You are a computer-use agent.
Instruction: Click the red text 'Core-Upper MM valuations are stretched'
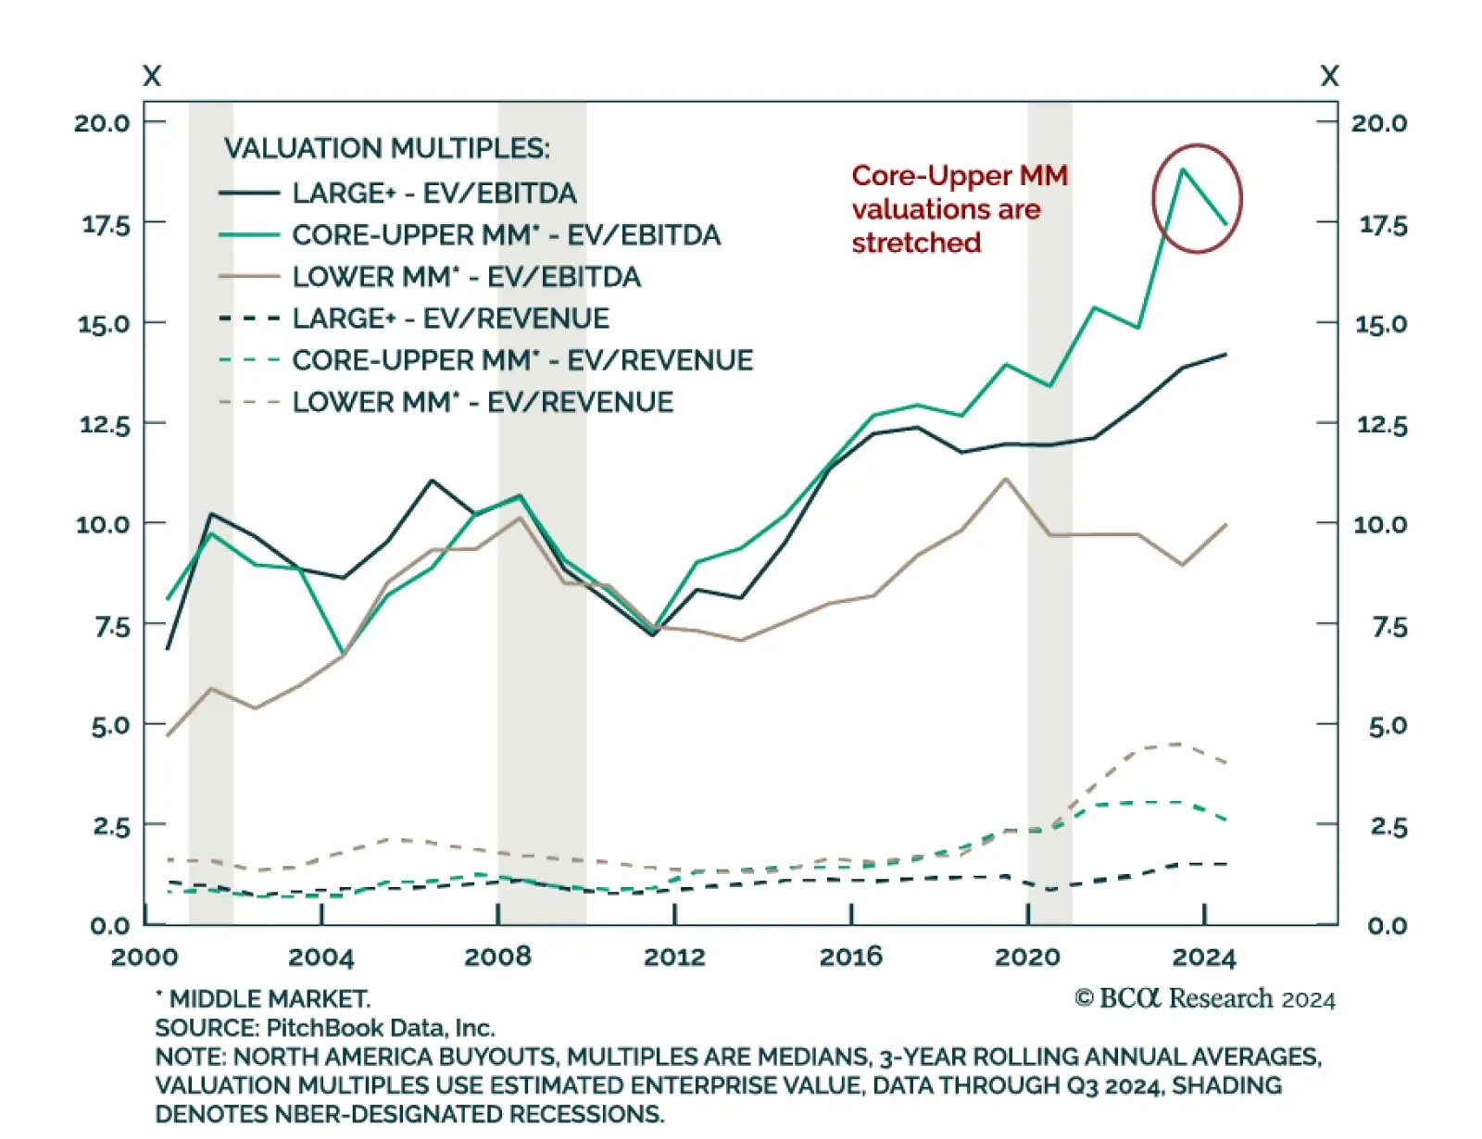959,209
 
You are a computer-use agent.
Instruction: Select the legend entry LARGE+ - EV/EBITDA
433,193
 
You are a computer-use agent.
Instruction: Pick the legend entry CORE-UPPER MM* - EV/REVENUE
522,359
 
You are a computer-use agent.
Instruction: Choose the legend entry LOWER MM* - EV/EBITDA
466,276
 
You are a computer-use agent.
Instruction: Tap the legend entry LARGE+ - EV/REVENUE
450,318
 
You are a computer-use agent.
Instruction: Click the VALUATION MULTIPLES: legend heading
386,148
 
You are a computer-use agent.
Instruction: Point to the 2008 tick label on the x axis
497,957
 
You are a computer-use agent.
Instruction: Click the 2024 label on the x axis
1203,957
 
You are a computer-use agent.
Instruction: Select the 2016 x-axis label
850,957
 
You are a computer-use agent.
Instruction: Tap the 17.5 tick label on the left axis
106,224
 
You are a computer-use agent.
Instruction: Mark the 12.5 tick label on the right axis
1380,425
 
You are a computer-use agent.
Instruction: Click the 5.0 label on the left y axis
110,725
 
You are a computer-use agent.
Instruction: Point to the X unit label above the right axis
1329,76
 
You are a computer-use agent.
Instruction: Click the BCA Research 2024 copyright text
1204,998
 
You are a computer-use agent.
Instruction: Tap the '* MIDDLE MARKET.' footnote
263,999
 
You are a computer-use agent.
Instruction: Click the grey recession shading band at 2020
1049,648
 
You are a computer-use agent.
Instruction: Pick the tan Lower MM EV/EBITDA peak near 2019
1006,480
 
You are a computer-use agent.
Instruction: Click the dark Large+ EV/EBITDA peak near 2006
432,481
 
